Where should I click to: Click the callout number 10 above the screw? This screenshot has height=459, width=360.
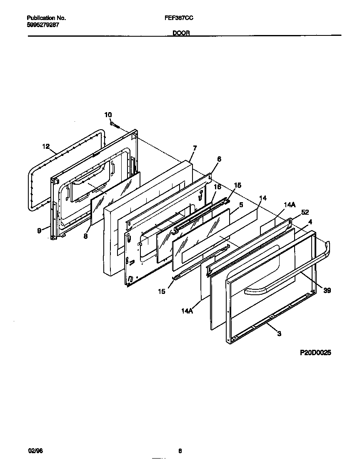pyautogui.click(x=108, y=115)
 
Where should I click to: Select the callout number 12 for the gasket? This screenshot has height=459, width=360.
pyautogui.click(x=46, y=146)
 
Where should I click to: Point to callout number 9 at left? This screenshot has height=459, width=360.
pyautogui.click(x=39, y=231)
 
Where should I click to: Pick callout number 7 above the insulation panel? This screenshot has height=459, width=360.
pyautogui.click(x=195, y=148)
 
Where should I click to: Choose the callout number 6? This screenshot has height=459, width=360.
pyautogui.click(x=219, y=159)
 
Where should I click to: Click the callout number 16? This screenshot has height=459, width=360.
pyautogui.click(x=217, y=187)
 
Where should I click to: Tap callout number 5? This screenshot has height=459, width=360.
pyautogui.click(x=241, y=205)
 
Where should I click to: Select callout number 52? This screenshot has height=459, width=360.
pyautogui.click(x=305, y=212)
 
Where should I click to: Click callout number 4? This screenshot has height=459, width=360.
pyautogui.click(x=310, y=222)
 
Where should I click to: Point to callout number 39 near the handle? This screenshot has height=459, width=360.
pyautogui.click(x=327, y=291)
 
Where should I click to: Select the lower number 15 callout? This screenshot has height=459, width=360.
pyautogui.click(x=161, y=291)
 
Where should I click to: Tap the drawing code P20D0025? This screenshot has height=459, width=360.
pyautogui.click(x=315, y=353)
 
